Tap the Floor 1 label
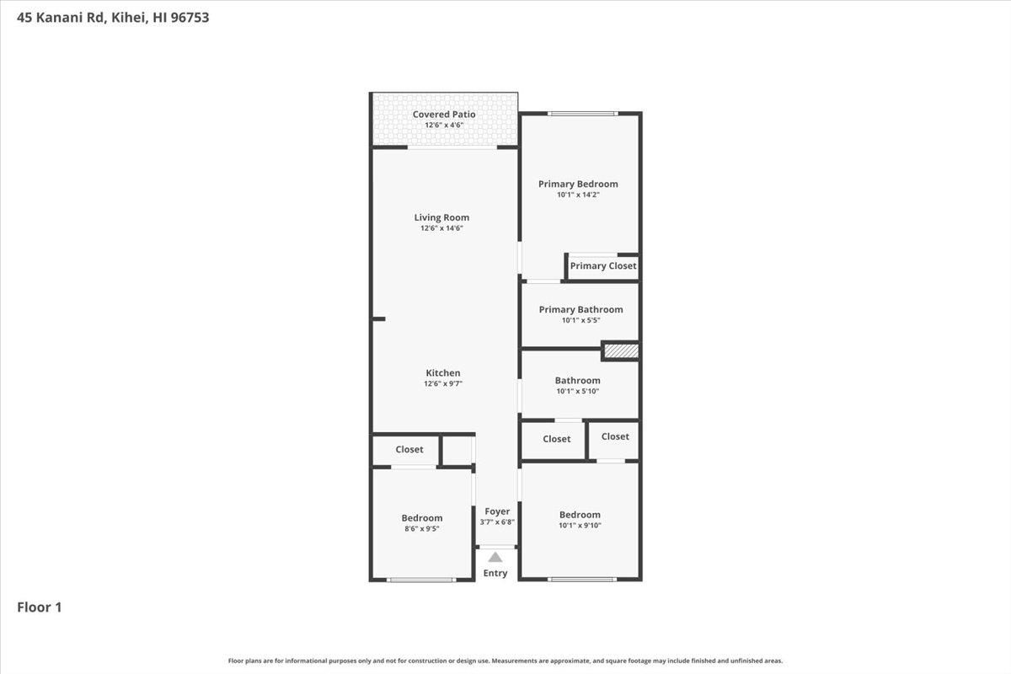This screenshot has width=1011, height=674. point(40,607)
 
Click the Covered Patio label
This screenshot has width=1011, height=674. point(444,115)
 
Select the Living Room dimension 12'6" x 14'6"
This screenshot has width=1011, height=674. point(442,228)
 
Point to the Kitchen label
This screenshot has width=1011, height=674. point(443,373)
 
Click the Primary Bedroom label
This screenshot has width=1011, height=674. point(578,184)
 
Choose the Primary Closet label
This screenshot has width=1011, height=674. point(603,266)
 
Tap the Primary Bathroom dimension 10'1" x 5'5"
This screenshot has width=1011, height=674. point(580,320)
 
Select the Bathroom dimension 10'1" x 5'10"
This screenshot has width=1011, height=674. point(577,391)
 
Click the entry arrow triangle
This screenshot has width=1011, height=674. point(495,557)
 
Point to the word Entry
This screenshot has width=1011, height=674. point(495,574)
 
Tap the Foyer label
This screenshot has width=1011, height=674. point(497,511)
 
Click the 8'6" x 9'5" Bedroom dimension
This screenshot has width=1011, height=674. point(421,529)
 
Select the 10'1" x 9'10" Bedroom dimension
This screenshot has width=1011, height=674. point(580,526)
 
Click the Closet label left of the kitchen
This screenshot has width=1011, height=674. point(409,450)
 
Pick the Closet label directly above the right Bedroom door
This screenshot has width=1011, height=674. point(615,436)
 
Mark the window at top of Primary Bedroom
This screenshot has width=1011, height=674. point(582,113)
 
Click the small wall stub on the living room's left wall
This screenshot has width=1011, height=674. point(378,318)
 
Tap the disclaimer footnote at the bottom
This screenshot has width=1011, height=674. point(505,661)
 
